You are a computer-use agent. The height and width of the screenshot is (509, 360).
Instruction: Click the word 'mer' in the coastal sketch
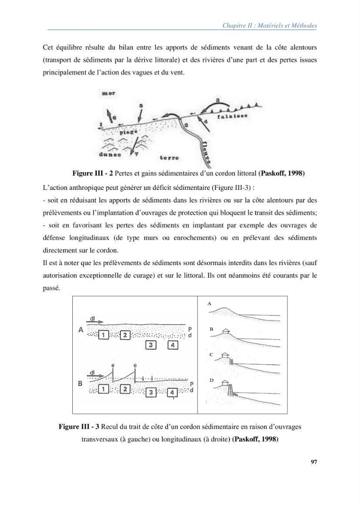click(108, 93)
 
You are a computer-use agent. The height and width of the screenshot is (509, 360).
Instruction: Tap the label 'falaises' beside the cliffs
click(232, 117)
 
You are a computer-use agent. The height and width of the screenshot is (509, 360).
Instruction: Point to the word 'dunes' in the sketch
click(110, 155)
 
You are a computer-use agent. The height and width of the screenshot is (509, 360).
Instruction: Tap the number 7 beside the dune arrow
click(136, 155)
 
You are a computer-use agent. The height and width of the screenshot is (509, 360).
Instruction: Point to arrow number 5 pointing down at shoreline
click(140, 114)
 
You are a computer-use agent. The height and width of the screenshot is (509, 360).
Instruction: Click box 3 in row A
click(151, 345)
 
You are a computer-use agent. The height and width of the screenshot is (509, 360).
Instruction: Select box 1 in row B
click(103, 388)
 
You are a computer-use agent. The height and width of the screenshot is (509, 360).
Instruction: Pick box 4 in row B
click(172, 392)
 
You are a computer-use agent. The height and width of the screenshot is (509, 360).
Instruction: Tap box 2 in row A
click(125, 335)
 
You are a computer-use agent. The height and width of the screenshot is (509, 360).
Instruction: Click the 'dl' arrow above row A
click(95, 322)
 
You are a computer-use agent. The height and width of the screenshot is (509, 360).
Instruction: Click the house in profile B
click(226, 331)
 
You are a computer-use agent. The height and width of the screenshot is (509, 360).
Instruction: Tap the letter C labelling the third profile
click(211, 354)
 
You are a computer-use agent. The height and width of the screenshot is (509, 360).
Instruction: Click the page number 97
click(314, 462)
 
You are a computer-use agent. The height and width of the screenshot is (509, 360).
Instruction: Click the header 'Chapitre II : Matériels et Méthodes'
click(269, 25)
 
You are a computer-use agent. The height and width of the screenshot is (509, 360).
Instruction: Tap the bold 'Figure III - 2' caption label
click(93, 174)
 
